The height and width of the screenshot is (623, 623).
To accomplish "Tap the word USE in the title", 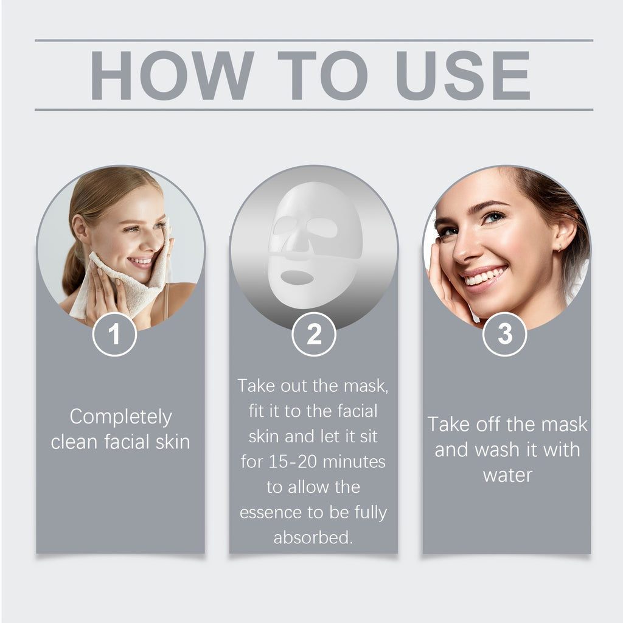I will pos(462,75).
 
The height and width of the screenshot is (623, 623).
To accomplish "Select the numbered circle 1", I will pos(114,334).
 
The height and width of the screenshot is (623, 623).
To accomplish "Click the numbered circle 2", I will pos(314,334).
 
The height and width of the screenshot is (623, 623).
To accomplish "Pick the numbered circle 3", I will pos(505,334).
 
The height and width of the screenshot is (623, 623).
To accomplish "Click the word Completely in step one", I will pos(120,417).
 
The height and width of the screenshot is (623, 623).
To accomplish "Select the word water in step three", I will pos(507,475).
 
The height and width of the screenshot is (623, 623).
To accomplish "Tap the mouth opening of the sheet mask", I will pos(296,277).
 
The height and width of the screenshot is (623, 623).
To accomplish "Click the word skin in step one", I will pos(173,442).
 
